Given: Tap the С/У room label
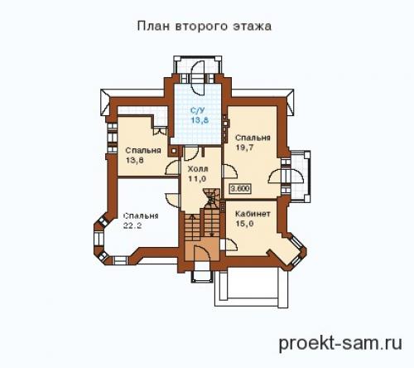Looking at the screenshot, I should (199, 111).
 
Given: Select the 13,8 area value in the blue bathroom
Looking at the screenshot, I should (199, 121).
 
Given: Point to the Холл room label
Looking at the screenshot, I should (197, 168).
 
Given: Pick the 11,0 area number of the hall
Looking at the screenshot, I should (197, 178).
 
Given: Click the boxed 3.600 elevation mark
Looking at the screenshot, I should (239, 188).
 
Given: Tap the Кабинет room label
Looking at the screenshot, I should (252, 213).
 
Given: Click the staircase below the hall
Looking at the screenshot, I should (204, 228).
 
